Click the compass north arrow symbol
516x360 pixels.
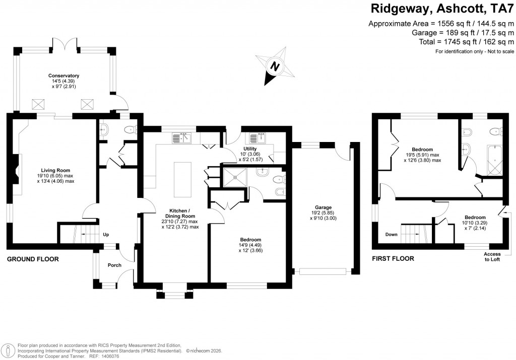point(274,66)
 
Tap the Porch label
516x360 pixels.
point(114,265)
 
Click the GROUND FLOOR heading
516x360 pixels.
point(33,259)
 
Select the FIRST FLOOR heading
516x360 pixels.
point(393,259)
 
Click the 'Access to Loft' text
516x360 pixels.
point(492,257)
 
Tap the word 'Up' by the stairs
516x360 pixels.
point(105,235)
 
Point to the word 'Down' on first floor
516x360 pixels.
point(391,235)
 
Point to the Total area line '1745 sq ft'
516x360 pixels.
point(466,42)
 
